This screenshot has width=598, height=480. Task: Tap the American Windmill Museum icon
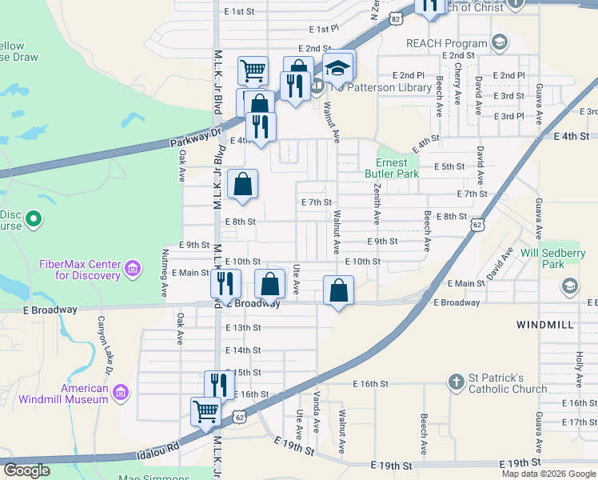pyautogui.click(x=121, y=392)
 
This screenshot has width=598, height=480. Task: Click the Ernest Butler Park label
pyautogui.click(x=392, y=167)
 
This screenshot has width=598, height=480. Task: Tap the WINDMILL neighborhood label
pyautogui.click(x=545, y=326)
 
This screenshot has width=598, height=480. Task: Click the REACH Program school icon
pyautogui.click(x=499, y=42)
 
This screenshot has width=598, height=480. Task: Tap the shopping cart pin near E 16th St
pyautogui.click(x=205, y=411)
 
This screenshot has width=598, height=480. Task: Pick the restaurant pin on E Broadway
pyautogui.click(x=226, y=282)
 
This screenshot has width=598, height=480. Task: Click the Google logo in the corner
pyautogui.click(x=27, y=470)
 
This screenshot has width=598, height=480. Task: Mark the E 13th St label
pyautogui.click(x=243, y=328)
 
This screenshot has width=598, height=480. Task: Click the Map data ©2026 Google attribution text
pyautogui.click(x=548, y=474)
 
